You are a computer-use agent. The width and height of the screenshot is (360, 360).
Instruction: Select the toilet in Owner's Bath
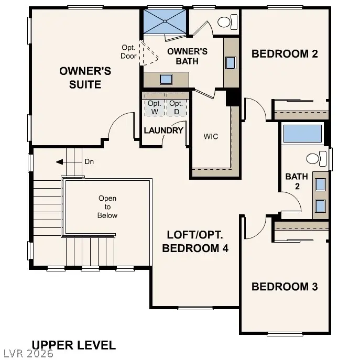[226, 23]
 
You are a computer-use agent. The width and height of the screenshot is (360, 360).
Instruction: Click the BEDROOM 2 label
[285, 53]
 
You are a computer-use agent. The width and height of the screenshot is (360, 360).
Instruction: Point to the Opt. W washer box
[155, 107]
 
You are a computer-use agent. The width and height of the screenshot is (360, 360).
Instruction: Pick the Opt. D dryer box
[177, 107]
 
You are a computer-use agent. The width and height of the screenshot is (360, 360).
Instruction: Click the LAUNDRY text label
[163, 130]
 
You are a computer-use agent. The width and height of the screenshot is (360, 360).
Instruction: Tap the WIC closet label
[211, 136]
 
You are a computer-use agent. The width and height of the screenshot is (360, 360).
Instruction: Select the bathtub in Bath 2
[302, 134]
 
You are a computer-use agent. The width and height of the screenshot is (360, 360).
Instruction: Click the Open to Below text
[107, 207]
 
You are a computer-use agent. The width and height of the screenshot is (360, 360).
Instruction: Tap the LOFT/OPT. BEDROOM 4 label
[195, 242]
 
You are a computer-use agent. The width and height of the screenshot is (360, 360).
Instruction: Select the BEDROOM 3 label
[285, 287]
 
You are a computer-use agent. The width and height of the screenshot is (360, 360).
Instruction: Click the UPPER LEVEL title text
[73, 345]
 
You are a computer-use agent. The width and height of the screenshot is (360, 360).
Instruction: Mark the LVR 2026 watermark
[27, 354]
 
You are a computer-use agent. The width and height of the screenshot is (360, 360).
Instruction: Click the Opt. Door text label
[128, 52]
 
